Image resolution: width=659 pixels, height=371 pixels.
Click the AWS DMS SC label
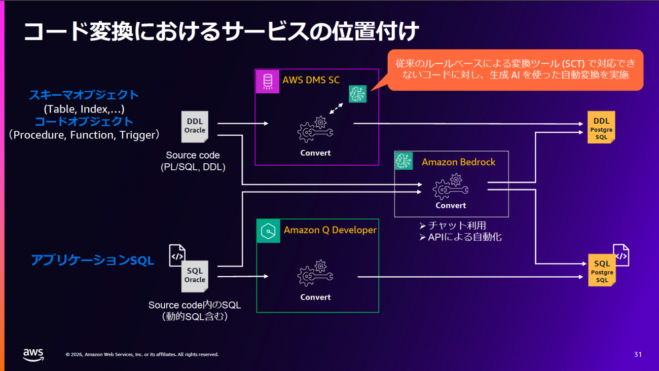pos(311,80)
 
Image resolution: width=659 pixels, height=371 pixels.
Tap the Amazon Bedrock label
pos(458,162)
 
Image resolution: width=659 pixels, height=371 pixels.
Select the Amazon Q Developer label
pos(330,230)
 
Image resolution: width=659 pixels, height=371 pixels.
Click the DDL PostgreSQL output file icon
pos(601,127)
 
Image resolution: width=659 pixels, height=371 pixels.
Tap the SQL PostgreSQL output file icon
pos(602,271)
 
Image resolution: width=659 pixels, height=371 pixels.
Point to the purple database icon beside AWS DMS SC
pos(267,81)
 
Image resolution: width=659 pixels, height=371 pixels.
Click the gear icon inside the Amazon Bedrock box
pos(451,187)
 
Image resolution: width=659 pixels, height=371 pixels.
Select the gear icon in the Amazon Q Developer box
pos(315,274)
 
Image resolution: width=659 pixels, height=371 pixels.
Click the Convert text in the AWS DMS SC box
pos(315,153)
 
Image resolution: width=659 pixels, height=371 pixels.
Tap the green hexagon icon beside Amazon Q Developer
pos(268,231)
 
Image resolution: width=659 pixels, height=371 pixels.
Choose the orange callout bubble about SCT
pos(515,70)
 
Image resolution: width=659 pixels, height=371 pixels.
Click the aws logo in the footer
pos(33,354)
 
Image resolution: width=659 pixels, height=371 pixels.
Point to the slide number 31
pos(638,354)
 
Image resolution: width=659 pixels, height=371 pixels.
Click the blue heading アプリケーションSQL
pos(92,261)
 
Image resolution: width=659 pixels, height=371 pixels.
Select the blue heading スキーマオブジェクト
pos(84,95)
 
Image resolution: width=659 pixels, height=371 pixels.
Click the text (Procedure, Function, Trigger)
pos(84,135)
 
